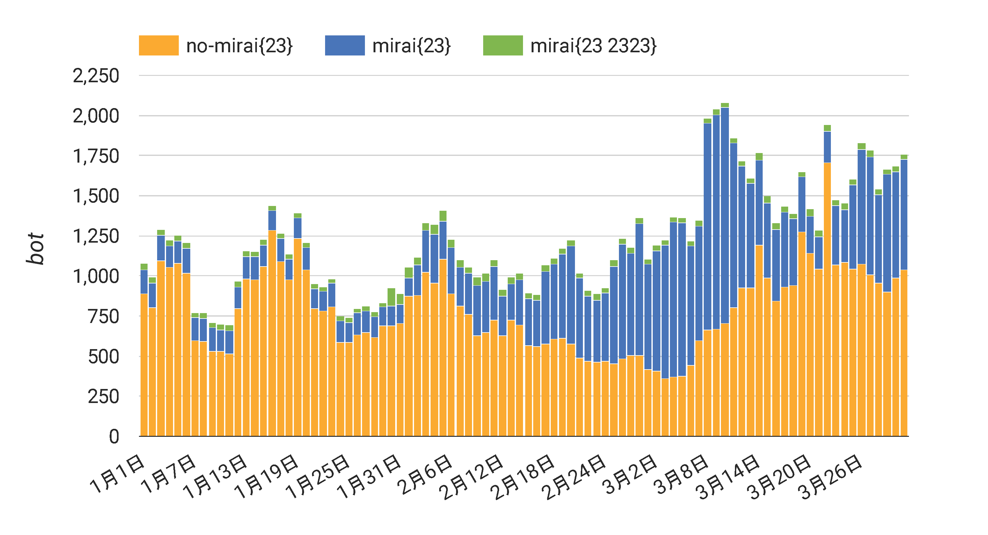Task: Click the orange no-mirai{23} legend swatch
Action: pyautogui.click(x=158, y=45)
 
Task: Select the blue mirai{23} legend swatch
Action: pyautogui.click(x=345, y=45)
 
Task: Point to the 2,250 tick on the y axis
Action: pyautogui.click(x=96, y=76)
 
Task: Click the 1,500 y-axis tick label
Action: pyautogui.click(x=96, y=196)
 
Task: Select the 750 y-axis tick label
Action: pyautogui.click(x=104, y=317)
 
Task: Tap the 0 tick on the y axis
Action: pyautogui.click(x=114, y=437)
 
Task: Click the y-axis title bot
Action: pyautogui.click(x=35, y=248)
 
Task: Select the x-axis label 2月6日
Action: pyautogui.click(x=425, y=474)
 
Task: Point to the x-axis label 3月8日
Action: pyautogui.click(x=681, y=474)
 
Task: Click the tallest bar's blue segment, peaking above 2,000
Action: pyautogui.click(x=724, y=215)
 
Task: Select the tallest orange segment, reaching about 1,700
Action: pyautogui.click(x=827, y=299)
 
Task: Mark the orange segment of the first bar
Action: pyautogui.click(x=144, y=365)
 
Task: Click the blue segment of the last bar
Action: pyautogui.click(x=904, y=215)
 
